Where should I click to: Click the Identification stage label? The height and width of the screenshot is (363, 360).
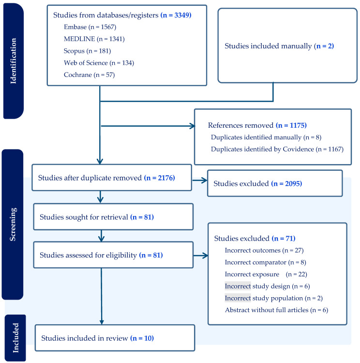[x=13, y=61]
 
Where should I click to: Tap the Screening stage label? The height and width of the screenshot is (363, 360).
[x=13, y=224]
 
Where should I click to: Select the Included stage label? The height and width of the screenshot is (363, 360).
[x=15, y=338]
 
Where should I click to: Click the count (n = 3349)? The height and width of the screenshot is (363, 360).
[x=176, y=15]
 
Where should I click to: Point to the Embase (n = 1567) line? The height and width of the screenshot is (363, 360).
[x=90, y=27]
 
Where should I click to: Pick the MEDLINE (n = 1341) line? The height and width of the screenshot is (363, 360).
[x=94, y=39]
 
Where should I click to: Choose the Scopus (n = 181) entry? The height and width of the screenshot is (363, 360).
[x=87, y=51]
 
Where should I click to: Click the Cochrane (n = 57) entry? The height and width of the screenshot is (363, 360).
[x=90, y=75]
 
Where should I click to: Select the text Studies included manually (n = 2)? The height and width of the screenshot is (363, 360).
[x=279, y=46]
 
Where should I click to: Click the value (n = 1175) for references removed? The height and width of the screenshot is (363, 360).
[x=291, y=125]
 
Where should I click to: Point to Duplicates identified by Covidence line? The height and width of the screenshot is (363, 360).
[x=277, y=149]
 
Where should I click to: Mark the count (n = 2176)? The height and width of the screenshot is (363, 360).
[x=160, y=178]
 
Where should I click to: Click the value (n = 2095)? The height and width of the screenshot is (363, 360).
[x=286, y=183]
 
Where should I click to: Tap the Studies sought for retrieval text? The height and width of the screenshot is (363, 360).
[x=84, y=217]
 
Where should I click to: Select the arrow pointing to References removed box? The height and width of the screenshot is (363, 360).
[x=148, y=126]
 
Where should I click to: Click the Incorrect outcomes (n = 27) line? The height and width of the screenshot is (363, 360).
[x=264, y=250]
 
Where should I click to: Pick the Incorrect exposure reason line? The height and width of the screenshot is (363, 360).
[x=266, y=274]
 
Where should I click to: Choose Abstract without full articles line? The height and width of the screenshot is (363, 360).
[x=276, y=310]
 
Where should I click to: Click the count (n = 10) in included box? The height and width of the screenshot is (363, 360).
[x=142, y=338]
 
